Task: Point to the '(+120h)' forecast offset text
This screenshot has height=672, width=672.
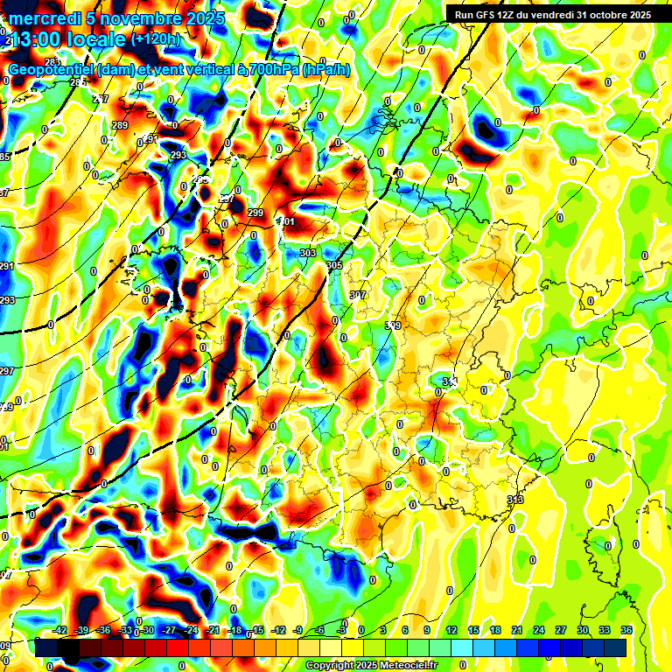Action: (x=155, y=38)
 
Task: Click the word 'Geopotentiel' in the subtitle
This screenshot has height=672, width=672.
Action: (x=52, y=70)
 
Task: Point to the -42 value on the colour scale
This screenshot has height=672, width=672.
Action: (x=59, y=630)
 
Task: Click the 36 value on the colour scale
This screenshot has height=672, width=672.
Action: (x=626, y=630)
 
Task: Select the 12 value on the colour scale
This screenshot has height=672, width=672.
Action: (x=451, y=630)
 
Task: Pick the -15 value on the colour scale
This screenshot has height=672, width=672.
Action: (x=257, y=630)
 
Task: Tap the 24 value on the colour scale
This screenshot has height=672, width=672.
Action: (x=539, y=630)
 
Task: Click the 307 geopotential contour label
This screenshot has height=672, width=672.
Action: (x=358, y=295)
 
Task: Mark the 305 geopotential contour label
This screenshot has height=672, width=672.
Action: (x=333, y=265)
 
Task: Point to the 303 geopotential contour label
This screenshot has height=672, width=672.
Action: (x=308, y=253)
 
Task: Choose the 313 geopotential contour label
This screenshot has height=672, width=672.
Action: (x=514, y=500)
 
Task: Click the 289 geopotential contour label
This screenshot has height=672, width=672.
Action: (x=120, y=125)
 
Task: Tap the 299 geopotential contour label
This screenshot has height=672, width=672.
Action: (x=255, y=213)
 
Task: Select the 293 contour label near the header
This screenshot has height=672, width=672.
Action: (x=178, y=155)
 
